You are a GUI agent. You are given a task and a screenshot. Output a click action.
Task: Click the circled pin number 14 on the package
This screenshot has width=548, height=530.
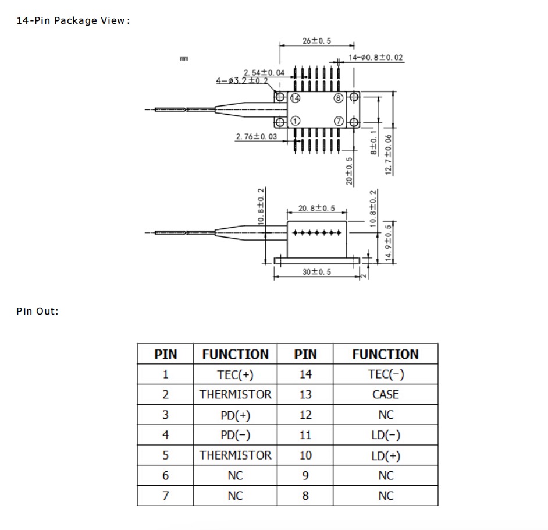coord(296,98)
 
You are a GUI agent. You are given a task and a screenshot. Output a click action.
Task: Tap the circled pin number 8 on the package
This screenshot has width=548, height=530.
coord(339,98)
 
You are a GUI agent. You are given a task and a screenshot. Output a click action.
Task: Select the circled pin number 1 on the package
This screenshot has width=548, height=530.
coord(296,121)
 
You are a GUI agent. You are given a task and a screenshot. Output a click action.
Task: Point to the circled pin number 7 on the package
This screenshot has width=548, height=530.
coord(339,121)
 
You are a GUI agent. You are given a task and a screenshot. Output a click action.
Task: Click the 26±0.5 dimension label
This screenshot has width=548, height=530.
coord(316,41)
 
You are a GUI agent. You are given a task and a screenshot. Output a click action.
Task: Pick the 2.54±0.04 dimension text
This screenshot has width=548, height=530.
coord(264,72)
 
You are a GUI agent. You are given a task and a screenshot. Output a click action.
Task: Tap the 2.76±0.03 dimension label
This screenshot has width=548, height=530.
coord(257,136)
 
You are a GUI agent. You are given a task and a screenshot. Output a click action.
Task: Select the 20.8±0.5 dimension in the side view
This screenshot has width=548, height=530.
coord(316,208)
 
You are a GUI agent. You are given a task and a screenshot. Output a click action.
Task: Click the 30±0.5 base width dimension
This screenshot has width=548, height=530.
coord(316,272)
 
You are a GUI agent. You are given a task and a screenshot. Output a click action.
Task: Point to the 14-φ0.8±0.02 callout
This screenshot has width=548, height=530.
coord(376,58)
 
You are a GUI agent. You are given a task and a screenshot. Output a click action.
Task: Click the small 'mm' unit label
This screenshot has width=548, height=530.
coord(184,59)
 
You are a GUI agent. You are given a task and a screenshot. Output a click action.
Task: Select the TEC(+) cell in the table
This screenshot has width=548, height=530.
coord(235,374)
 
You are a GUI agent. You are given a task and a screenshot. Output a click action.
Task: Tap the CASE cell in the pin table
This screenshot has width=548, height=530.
coord(386,395)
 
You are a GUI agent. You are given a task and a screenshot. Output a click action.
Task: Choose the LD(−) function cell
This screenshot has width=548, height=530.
coord(386,435)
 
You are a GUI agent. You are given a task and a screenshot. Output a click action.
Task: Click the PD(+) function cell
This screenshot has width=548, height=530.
coord(235,415)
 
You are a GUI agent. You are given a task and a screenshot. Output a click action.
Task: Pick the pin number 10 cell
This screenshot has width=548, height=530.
coord(305,455)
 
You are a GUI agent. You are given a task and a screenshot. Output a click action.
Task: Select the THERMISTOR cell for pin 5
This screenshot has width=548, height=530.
coord(235,455)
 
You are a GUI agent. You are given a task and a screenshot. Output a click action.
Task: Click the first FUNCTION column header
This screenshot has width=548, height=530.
coord(235,354)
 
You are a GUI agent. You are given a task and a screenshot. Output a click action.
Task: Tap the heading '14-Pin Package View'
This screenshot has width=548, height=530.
coord(73,20)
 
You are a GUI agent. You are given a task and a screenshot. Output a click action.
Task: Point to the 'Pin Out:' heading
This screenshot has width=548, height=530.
coord(37,311)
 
